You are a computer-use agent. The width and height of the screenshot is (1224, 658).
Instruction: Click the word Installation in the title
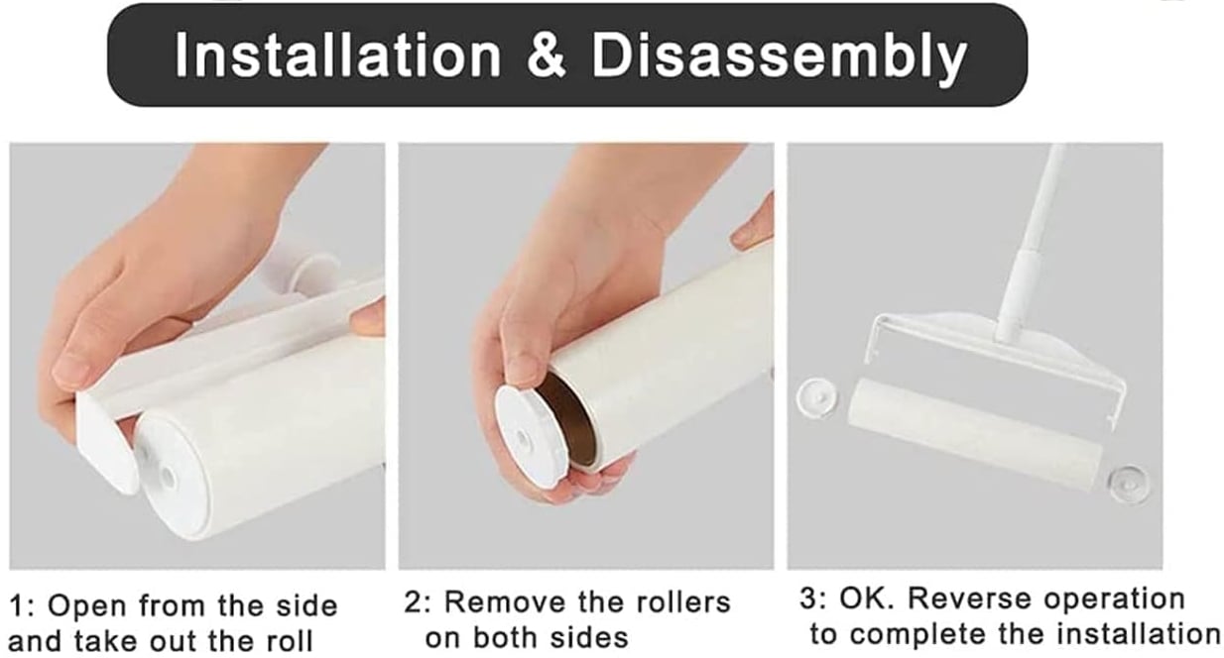pos(337,56)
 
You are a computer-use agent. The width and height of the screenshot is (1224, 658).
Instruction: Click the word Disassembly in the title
pos(779,56)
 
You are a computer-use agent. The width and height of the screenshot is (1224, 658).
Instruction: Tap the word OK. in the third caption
pos(868,599)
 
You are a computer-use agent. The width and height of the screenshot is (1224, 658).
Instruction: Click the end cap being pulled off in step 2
pos(531,435)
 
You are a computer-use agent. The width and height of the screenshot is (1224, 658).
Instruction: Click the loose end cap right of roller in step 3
pos(1129,483)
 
